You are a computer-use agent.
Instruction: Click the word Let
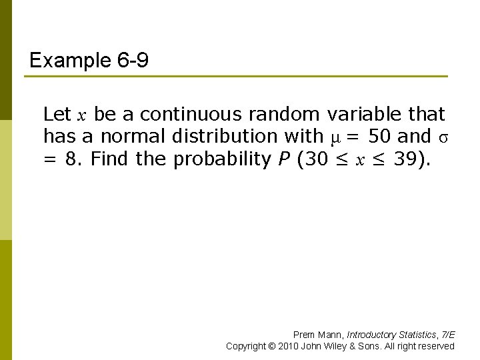click(57, 114)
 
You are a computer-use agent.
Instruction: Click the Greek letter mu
click(336, 137)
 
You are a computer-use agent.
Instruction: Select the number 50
click(380, 136)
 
